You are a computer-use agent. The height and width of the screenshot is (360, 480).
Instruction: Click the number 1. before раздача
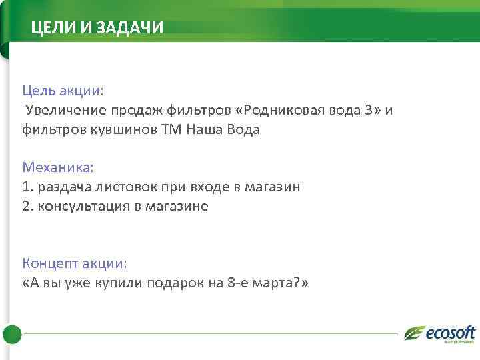pyautogui.click(x=27, y=187)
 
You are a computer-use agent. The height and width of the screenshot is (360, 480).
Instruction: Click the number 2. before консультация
pyautogui.click(x=28, y=206)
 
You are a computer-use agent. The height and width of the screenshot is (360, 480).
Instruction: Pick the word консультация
pyautogui.click(x=84, y=206)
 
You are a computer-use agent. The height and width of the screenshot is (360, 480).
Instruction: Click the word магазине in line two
pyautogui.click(x=178, y=206)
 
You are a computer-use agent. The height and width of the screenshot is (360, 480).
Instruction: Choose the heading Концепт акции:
pyautogui.click(x=74, y=263)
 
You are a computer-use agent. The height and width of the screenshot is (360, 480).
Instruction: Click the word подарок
pyautogui.click(x=175, y=283)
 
